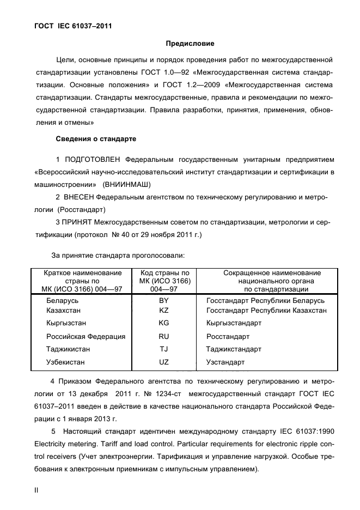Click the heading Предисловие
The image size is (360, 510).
(190, 44)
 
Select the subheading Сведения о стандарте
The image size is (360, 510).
(96, 139)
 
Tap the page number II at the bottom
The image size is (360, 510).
(36, 490)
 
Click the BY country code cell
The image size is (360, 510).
(163, 301)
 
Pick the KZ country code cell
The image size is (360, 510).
(163, 310)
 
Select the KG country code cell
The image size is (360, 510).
(163, 323)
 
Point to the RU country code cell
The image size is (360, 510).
(163, 336)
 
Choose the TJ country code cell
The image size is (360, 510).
(163, 349)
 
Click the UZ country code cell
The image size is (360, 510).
(163, 362)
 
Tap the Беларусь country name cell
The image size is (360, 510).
(63, 301)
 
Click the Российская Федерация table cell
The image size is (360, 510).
(86, 336)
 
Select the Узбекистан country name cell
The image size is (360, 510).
(65, 362)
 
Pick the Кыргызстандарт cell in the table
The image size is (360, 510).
(234, 323)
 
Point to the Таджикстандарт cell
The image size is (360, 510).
(234, 349)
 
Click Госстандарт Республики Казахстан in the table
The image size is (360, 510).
(266, 310)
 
